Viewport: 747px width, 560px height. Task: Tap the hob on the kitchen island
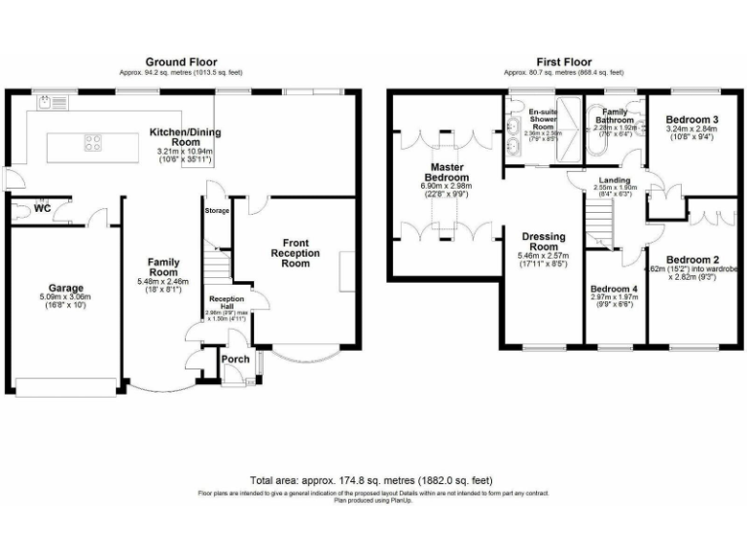tap(94, 143)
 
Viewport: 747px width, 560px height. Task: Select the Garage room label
tap(67, 288)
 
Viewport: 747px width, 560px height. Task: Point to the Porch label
tap(235, 359)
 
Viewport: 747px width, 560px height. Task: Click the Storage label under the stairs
tap(217, 210)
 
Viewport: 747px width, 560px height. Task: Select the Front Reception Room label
tap(295, 253)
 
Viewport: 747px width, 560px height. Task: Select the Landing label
tap(616, 181)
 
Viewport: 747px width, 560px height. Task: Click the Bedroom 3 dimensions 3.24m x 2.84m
tap(692, 127)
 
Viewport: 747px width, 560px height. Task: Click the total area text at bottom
tap(373, 480)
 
